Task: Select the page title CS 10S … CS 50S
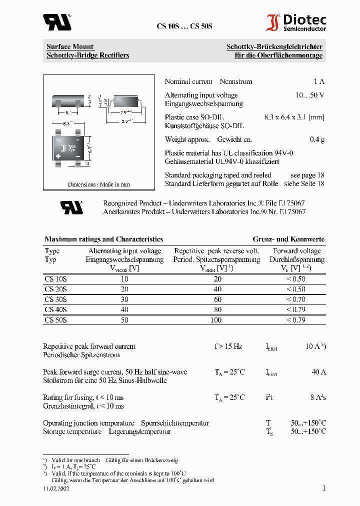(184, 26)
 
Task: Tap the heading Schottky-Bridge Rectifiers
(87, 55)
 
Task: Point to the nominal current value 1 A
(319, 82)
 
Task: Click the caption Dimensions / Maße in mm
(98, 184)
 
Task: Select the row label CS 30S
(55, 299)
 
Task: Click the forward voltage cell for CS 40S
(295, 309)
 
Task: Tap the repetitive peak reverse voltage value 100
(216, 320)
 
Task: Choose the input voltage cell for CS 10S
(124, 279)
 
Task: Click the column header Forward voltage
(296, 251)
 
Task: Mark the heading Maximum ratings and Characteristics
(104, 239)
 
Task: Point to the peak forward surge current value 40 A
(318, 372)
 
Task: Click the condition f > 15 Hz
(228, 346)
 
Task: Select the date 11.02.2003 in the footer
(56, 489)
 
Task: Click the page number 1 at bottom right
(323, 488)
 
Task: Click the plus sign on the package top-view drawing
(58, 156)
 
